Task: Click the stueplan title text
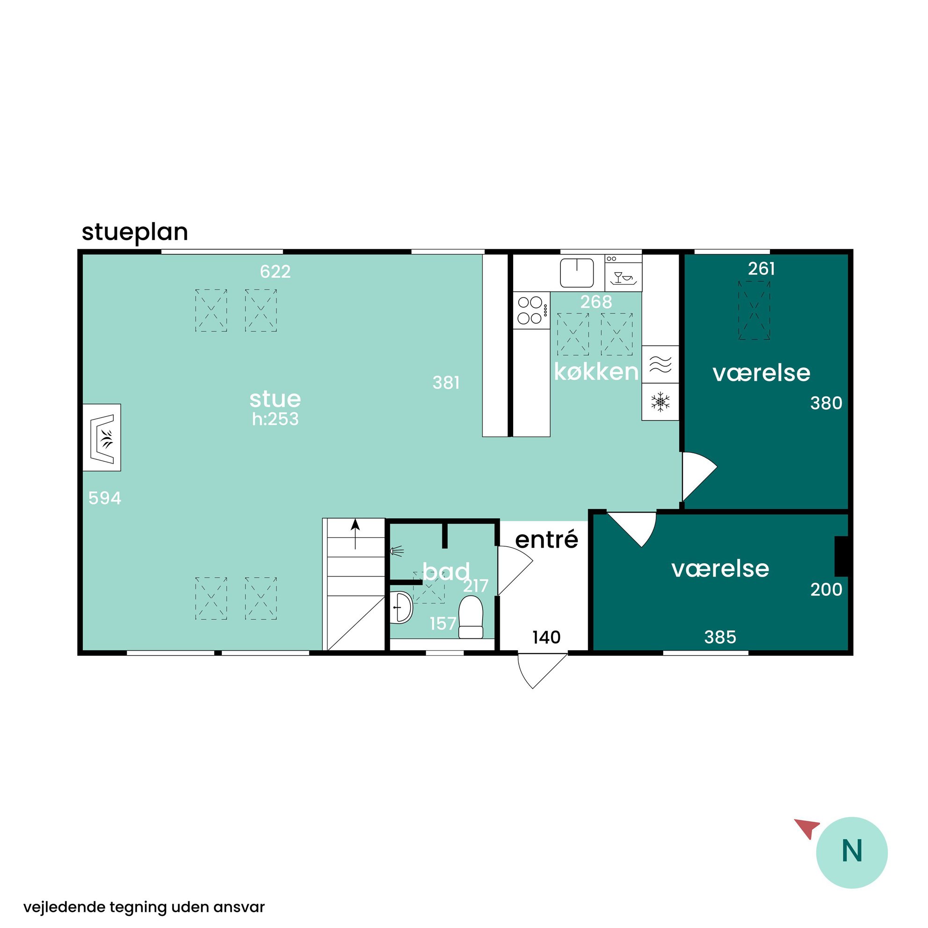pos(135,232)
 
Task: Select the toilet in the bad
pos(471,617)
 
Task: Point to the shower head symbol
pos(397,551)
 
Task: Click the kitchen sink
pos(577,273)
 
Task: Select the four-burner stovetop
pos(531,310)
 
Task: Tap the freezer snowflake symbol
pos(660,402)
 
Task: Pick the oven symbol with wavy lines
pos(660,364)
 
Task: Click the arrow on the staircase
pos(355,534)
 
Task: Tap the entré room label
pos(546,539)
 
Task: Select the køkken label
pos(596,372)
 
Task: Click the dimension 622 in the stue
pos(275,272)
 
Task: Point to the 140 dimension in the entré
pos(547,638)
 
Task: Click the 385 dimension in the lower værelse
pos(720,638)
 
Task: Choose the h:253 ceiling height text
pos(275,419)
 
